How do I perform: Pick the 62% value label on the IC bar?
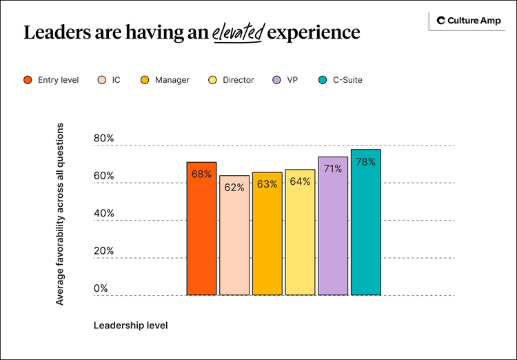(x=234, y=187)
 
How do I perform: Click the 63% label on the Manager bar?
(x=267, y=184)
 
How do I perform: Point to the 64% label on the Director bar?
(x=300, y=181)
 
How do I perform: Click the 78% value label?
(x=365, y=162)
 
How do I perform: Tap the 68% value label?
(x=201, y=174)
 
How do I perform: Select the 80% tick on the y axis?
(x=103, y=139)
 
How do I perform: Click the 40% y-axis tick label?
(x=103, y=213)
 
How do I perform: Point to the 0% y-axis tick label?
(x=101, y=288)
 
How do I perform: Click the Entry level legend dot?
(x=28, y=80)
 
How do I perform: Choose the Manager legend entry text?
(x=172, y=80)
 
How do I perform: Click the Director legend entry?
(x=238, y=80)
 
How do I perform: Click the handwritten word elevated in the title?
(x=237, y=32)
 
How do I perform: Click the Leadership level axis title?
(x=130, y=324)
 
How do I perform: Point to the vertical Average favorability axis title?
(x=60, y=214)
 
